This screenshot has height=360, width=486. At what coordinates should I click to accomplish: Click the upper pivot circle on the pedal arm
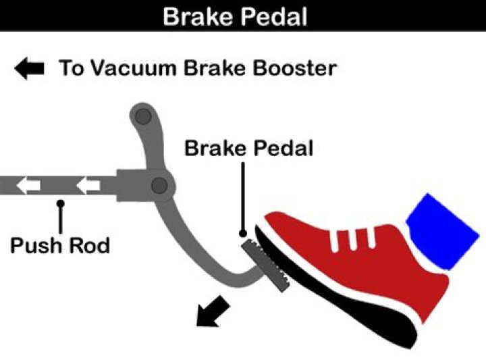point(142,117)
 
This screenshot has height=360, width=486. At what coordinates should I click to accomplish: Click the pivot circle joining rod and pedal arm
point(159,184)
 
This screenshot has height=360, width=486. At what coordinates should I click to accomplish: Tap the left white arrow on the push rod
point(28,185)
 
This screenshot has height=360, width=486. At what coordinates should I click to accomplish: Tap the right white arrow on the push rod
point(88,185)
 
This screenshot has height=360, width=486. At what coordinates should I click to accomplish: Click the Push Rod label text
point(59,244)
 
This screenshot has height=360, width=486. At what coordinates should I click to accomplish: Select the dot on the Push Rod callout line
point(61,201)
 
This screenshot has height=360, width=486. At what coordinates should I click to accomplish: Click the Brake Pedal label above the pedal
point(249,148)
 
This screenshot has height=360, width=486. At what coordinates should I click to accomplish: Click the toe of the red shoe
point(283,226)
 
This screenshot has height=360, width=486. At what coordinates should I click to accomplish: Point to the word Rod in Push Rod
point(88,244)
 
